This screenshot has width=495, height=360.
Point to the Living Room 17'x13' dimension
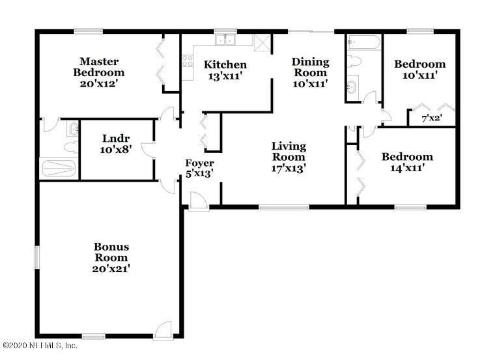click(289, 167)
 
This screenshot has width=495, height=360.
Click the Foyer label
click(199, 163)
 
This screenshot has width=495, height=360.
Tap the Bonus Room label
click(111, 252)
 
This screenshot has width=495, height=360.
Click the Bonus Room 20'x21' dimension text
click(111, 268)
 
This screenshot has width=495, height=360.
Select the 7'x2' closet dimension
click(432, 118)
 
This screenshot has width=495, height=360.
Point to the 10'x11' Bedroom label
click(420, 64)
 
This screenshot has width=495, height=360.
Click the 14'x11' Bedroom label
click(407, 157)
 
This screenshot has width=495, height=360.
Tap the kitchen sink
click(226, 40)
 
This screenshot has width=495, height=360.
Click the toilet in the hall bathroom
click(354, 62)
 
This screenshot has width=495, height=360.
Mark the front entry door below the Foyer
click(197, 203)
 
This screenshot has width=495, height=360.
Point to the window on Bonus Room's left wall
click(36, 257)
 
